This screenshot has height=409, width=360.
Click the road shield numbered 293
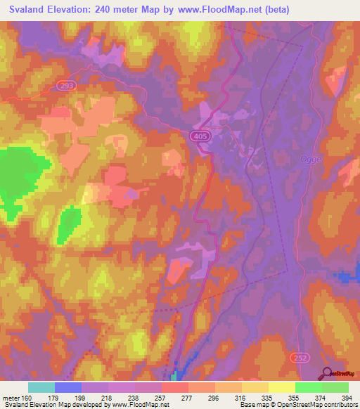(65, 85)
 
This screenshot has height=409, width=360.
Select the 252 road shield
(299, 358)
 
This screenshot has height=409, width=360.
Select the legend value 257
(162, 398)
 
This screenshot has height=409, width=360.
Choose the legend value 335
(269, 398)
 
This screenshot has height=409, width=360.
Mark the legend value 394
(348, 398)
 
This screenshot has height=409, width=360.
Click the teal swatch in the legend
(41, 387)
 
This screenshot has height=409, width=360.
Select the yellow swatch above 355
(282, 387)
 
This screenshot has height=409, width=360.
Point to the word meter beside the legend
(10, 398)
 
